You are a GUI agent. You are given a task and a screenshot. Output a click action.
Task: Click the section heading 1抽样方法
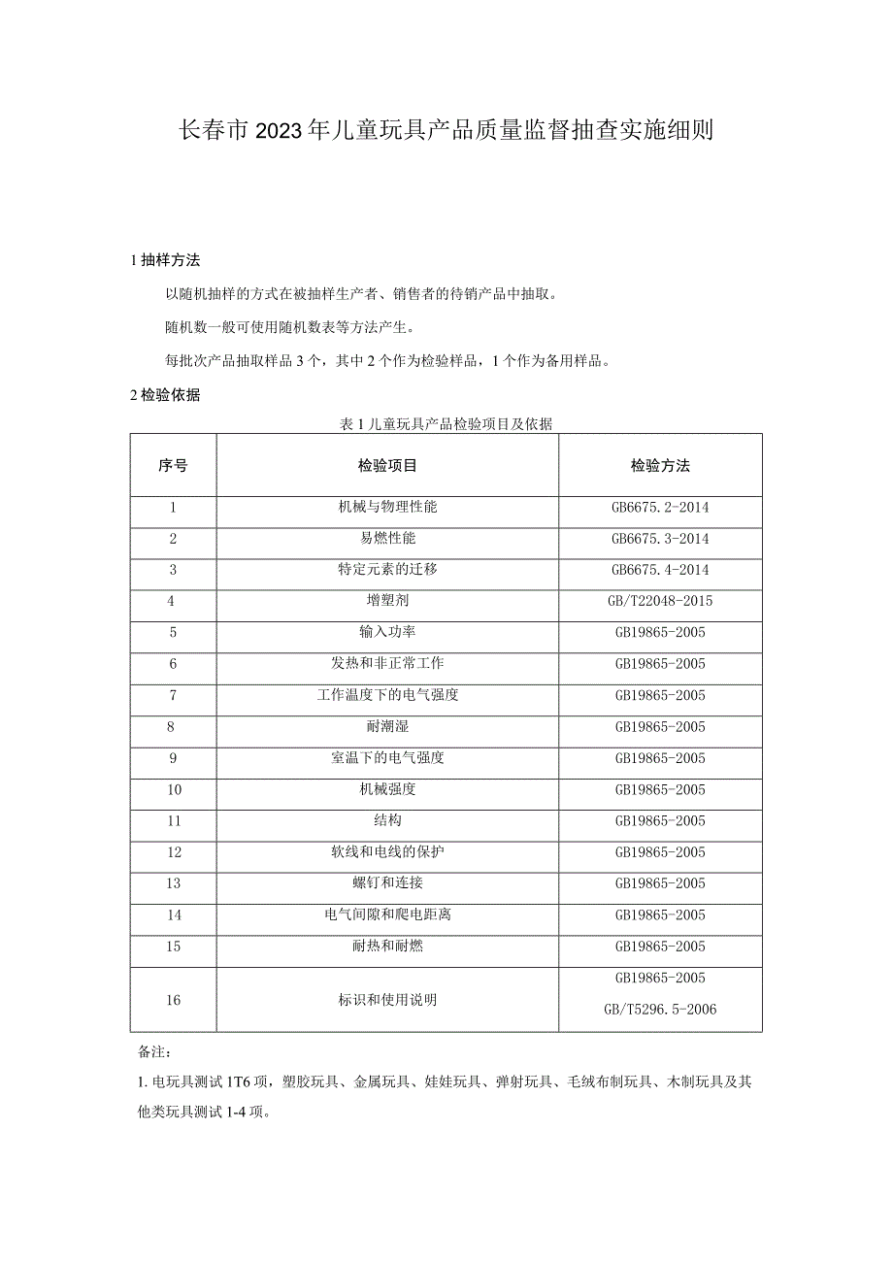tap(165, 260)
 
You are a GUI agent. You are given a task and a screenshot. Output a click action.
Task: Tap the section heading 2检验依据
tap(165, 395)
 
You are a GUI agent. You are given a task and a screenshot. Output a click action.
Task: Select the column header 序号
tap(173, 466)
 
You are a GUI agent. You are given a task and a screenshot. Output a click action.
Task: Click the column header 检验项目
tap(387, 466)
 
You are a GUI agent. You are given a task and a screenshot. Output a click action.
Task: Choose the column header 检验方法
tap(660, 466)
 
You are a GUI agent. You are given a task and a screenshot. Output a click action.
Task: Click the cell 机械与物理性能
tap(387, 508)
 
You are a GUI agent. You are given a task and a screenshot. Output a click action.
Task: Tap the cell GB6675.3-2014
tap(660, 539)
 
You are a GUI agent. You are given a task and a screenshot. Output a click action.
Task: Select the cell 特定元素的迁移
tap(387, 570)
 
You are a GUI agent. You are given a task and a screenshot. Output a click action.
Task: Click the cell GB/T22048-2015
tap(660, 601)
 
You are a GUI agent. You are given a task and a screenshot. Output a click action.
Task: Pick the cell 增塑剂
tap(387, 601)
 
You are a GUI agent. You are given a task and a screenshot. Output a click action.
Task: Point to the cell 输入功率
tap(387, 632)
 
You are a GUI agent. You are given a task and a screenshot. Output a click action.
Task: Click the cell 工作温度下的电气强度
tap(387, 695)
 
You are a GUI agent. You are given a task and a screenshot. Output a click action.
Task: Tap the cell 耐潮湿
tap(387, 726)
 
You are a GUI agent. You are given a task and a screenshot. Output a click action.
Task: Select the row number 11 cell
tap(173, 820)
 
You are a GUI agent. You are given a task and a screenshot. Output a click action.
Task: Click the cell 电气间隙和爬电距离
tap(387, 914)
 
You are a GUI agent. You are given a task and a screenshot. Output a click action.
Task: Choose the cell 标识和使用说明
tap(387, 999)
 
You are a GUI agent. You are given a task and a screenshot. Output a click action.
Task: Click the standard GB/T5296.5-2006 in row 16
tap(660, 1010)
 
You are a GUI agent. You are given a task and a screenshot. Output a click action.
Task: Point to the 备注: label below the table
tap(154, 1051)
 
